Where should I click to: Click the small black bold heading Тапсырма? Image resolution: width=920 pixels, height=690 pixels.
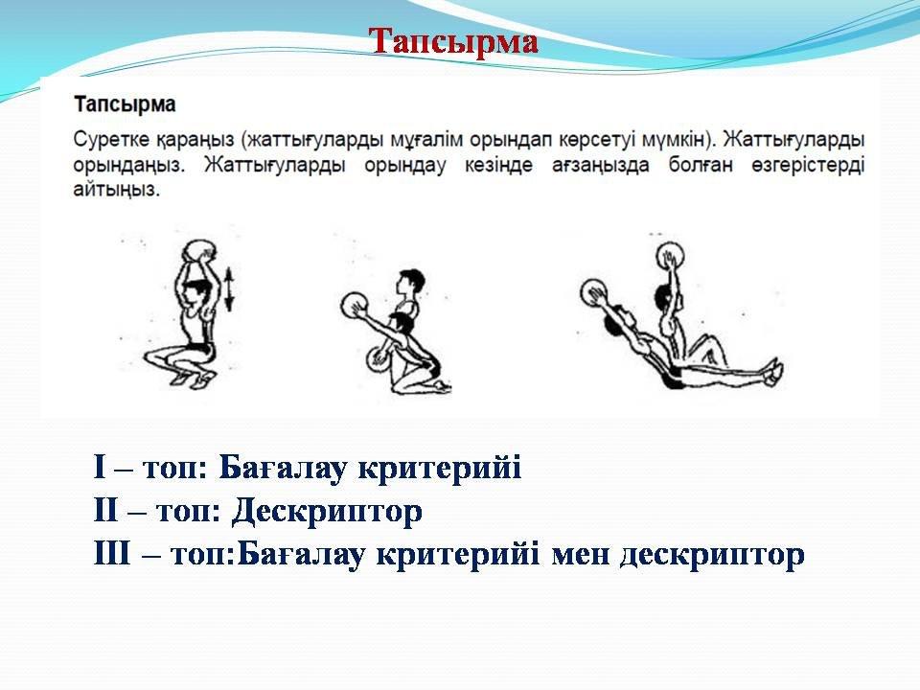[125, 104]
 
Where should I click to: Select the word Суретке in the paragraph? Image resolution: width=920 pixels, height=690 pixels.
[111, 140]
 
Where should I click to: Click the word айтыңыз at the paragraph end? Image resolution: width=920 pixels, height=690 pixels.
[117, 190]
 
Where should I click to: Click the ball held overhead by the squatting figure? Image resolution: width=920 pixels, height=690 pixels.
[198, 251]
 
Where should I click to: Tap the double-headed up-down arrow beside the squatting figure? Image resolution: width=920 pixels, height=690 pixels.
[229, 288]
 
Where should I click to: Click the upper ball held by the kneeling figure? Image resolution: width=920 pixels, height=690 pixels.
[355, 306]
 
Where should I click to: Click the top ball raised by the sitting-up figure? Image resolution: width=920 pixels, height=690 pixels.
[670, 257]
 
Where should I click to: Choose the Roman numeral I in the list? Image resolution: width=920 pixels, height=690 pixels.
[100, 469]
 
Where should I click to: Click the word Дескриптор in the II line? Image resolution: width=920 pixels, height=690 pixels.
[327, 512]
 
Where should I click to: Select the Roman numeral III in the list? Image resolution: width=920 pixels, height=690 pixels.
[112, 555]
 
